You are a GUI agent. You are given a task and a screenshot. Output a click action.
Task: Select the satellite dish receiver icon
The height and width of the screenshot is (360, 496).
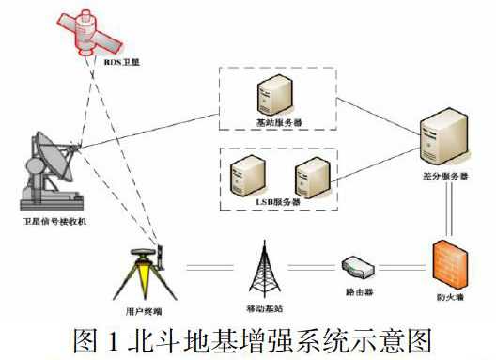(x=50, y=170)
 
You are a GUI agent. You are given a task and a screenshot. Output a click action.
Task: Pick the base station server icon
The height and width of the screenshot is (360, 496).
(x=273, y=98)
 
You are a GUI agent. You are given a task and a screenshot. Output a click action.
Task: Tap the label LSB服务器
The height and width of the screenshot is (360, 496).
(x=277, y=201)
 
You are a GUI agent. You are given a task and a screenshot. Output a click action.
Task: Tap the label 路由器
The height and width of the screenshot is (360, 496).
(x=359, y=292)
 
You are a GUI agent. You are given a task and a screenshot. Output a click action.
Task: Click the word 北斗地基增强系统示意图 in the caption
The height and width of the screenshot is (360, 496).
(x=277, y=337)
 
